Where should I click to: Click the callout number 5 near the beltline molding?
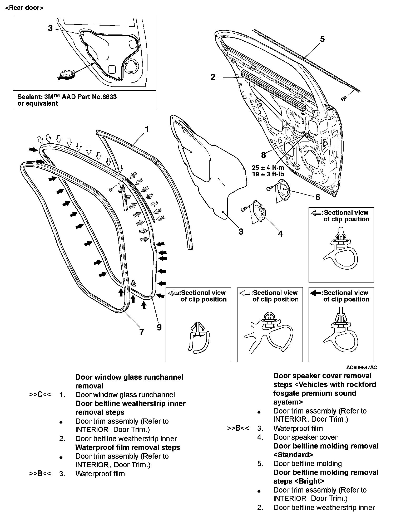(322, 39)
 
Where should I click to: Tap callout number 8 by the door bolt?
(264, 155)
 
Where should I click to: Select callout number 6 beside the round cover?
(318, 197)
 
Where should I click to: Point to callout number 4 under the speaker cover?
(280, 234)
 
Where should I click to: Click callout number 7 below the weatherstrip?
(142, 332)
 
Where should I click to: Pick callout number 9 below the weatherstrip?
(159, 327)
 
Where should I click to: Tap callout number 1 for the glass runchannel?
(147, 129)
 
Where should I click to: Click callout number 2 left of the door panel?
(213, 77)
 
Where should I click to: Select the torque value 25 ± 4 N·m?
(268, 168)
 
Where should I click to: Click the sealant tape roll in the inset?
(66, 75)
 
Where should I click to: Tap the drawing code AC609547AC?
(362, 367)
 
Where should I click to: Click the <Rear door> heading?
(24, 8)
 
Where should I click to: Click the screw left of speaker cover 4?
(244, 209)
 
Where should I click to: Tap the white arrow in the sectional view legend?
(245, 293)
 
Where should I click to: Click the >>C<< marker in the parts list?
(40, 395)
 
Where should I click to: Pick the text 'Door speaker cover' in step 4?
(305, 437)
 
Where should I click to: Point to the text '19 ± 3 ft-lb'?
(268, 174)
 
